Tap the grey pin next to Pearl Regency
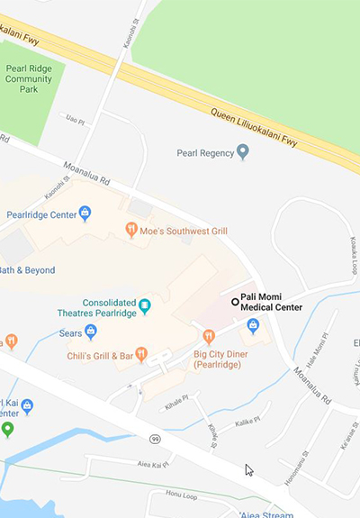click(x=242, y=153)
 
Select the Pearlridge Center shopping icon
click(x=85, y=214)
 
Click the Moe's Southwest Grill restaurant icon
click(x=131, y=231)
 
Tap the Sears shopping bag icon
click(x=91, y=332)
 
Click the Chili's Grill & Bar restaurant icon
click(x=141, y=353)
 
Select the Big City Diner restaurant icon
click(x=209, y=337)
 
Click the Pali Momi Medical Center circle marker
click(x=235, y=302)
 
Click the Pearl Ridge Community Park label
click(x=28, y=78)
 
